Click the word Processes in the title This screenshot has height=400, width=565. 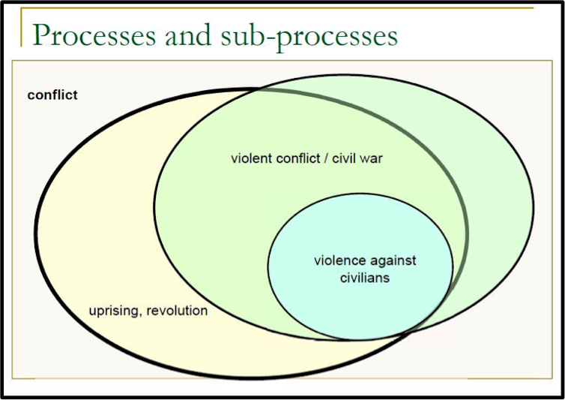(94, 35)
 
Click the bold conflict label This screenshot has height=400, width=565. (52, 95)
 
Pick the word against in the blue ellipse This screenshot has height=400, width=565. (393, 261)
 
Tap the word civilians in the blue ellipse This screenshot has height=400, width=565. (363, 277)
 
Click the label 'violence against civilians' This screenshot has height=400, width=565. (364, 269)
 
